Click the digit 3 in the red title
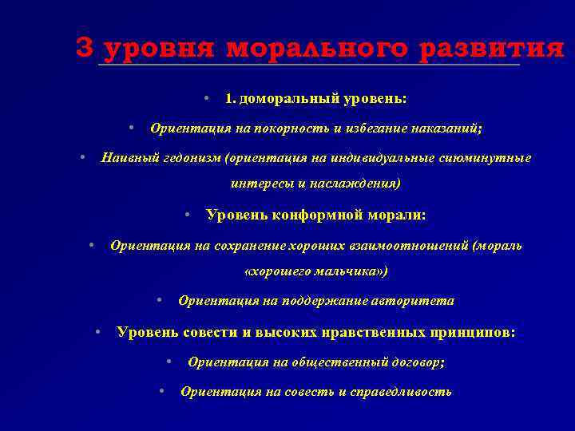point(85,48)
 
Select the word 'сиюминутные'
point(485,158)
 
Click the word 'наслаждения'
point(359,184)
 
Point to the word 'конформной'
point(307,215)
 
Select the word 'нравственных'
point(369,332)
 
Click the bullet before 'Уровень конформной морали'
point(185,214)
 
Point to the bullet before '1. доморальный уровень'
point(206,98)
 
